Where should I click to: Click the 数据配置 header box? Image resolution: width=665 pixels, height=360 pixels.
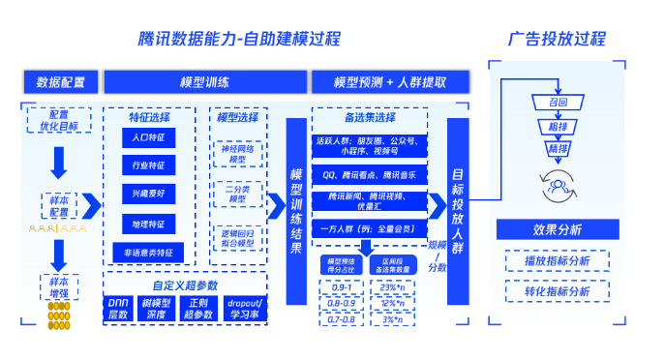[x=60, y=82]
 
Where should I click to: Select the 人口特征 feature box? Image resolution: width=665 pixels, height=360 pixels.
[x=149, y=138]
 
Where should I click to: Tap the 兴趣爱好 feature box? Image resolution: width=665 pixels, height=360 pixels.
[x=149, y=195]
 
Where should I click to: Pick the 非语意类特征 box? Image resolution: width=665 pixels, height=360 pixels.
[x=149, y=252]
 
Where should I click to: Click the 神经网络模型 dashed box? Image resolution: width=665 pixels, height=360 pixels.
[x=237, y=152]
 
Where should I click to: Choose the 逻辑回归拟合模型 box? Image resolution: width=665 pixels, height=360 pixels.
[x=237, y=239]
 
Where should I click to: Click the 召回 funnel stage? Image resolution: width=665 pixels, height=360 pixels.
[x=557, y=102]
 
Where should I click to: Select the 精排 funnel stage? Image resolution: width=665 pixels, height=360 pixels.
[x=557, y=148]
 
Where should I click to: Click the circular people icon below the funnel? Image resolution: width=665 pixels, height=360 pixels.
[x=557, y=181]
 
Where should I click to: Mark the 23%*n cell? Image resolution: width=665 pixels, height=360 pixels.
[x=392, y=287]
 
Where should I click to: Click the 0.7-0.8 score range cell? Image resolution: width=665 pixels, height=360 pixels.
[x=341, y=318]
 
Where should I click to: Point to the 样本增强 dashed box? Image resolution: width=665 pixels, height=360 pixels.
[x=60, y=286]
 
